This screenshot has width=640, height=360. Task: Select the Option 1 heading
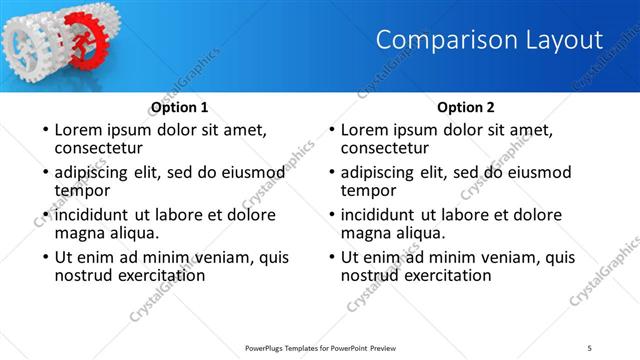(x=179, y=107)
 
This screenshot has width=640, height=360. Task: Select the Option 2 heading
(x=466, y=107)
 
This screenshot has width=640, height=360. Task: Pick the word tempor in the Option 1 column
(x=82, y=191)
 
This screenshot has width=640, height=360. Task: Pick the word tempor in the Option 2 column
(x=369, y=191)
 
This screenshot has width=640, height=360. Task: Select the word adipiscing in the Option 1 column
(x=97, y=172)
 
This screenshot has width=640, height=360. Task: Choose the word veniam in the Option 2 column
(x=504, y=257)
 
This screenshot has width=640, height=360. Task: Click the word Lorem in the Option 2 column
(x=365, y=130)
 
